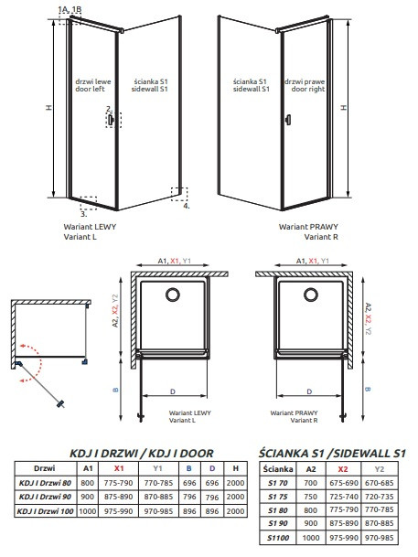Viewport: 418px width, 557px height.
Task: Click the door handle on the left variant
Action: click(111, 120)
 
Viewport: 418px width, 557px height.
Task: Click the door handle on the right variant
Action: click(288, 120)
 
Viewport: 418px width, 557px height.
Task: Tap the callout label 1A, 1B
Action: click(70, 9)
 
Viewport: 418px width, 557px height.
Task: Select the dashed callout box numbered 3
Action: click(89, 203)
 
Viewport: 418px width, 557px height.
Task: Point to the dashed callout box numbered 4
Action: click(179, 194)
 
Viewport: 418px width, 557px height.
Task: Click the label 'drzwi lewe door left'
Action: click(92, 85)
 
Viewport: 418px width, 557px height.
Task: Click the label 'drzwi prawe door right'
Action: click(305, 85)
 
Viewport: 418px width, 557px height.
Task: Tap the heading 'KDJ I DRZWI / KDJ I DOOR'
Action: click(142, 454)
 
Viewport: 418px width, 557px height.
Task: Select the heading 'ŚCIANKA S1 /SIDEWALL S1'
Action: click(332, 453)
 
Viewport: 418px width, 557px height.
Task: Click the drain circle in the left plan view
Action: click(173, 295)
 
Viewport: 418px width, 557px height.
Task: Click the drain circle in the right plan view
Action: click(311, 295)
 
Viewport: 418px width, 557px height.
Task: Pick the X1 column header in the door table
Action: click(119, 468)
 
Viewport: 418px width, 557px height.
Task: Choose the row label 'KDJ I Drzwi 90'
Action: click(45, 497)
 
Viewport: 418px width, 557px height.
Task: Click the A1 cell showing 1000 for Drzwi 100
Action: click(88, 511)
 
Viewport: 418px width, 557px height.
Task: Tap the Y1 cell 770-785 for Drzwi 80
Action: click(158, 483)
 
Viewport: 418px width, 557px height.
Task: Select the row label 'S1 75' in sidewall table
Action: click(278, 497)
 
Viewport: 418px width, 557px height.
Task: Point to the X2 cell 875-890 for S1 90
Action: click(343, 523)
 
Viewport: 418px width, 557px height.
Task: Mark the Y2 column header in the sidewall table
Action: click(380, 469)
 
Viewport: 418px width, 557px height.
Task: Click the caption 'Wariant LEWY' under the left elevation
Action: click(90, 227)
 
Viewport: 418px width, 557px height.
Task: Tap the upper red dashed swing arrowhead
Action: click(22, 346)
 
